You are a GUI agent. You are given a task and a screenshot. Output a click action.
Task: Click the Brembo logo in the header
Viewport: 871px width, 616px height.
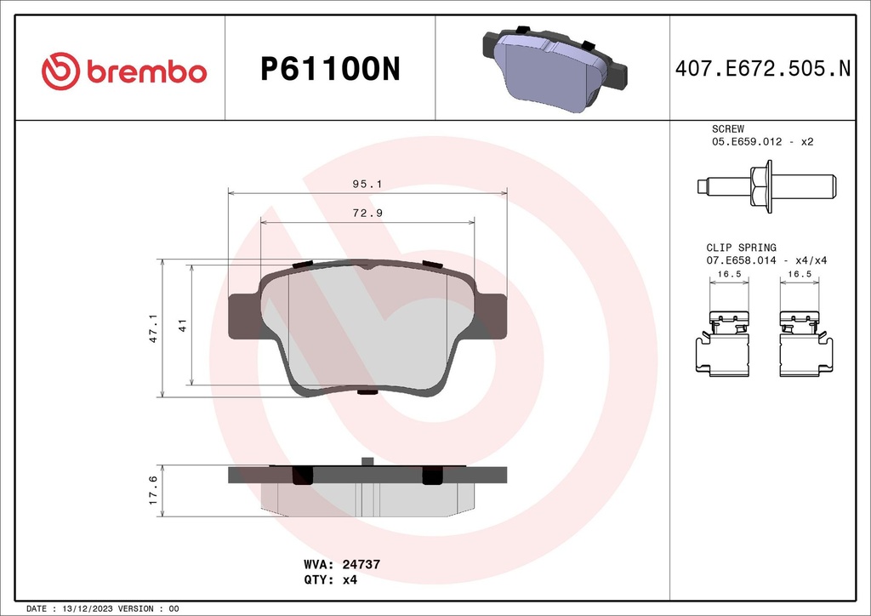(x=124, y=70)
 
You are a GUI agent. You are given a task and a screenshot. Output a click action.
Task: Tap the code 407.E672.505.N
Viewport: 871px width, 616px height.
(x=762, y=70)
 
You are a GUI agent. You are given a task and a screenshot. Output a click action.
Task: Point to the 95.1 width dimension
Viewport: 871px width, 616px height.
(x=367, y=183)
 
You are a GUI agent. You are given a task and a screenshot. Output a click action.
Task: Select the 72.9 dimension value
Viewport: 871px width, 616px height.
(x=367, y=213)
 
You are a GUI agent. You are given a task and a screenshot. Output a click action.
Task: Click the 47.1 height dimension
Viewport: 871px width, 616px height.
(x=153, y=328)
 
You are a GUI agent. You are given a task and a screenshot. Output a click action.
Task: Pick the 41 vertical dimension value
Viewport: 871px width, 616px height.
(x=181, y=325)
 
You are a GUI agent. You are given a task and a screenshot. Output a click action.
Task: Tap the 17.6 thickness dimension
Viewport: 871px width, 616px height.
(x=153, y=490)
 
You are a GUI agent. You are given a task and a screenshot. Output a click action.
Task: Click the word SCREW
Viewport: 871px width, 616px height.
(x=728, y=128)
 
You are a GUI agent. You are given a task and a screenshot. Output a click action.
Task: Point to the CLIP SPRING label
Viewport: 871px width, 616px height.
(x=741, y=248)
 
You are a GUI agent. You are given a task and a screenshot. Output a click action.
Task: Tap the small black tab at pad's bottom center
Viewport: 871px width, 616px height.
(x=367, y=392)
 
